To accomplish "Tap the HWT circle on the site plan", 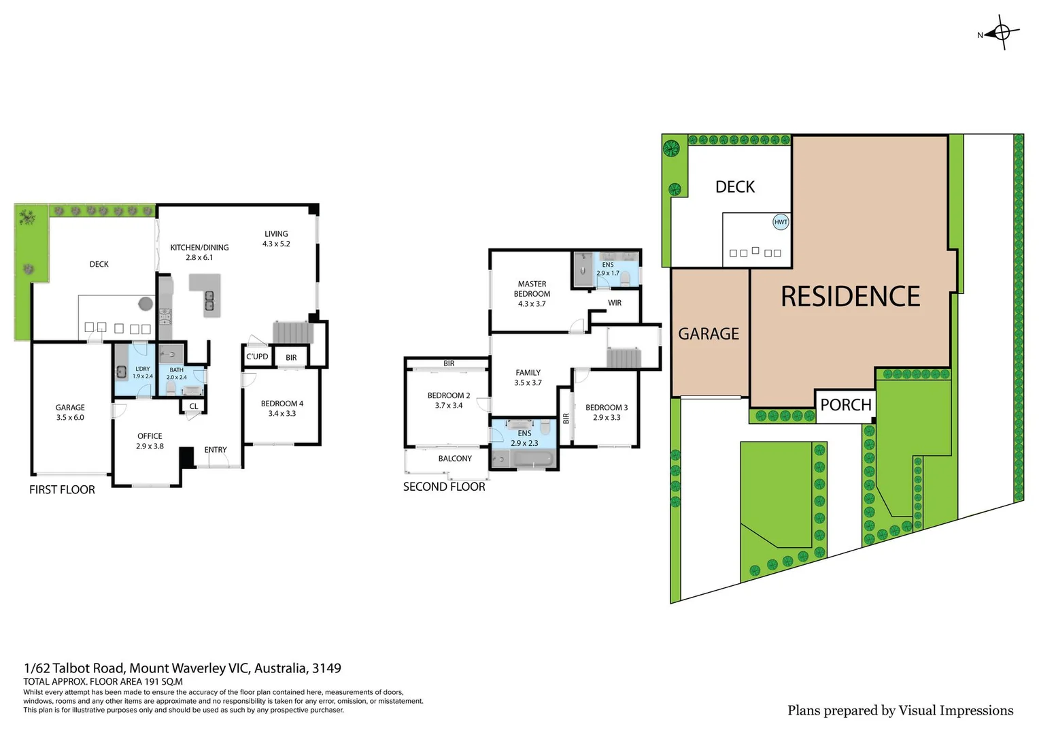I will [781, 222].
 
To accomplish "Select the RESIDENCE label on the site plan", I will [850, 297].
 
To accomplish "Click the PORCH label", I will [845, 405].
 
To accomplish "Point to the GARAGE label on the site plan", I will [709, 333].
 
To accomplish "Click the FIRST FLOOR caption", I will [62, 490].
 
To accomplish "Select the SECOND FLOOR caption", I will [444, 487].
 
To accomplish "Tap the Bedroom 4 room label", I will [282, 404].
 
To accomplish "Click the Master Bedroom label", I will [532, 289].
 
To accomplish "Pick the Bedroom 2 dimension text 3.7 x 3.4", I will [449, 406].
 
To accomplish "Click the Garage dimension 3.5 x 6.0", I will [70, 418].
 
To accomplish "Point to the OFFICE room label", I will [150, 436].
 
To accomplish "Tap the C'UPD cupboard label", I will [257, 357].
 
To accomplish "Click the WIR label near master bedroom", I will [615, 303].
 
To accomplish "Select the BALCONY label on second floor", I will [455, 459].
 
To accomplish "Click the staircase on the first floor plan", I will [292, 333].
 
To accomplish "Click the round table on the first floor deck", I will [146, 304].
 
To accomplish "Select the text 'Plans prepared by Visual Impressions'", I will [900, 710].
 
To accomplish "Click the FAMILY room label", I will [528, 373].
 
